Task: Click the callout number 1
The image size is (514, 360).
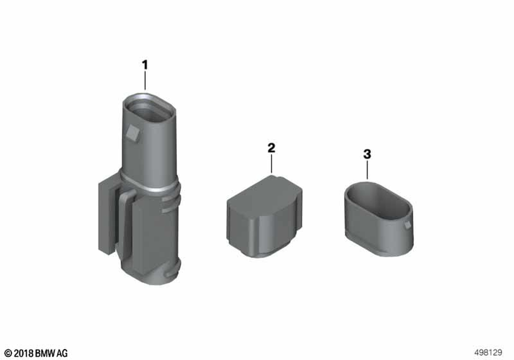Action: pyautogui.click(x=145, y=65)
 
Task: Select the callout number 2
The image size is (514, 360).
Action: pyautogui.click(x=271, y=148)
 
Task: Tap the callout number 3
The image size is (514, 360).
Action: pyautogui.click(x=367, y=154)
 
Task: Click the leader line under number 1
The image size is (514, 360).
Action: pyautogui.click(x=145, y=81)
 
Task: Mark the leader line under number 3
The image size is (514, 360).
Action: pyautogui.click(x=367, y=170)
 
